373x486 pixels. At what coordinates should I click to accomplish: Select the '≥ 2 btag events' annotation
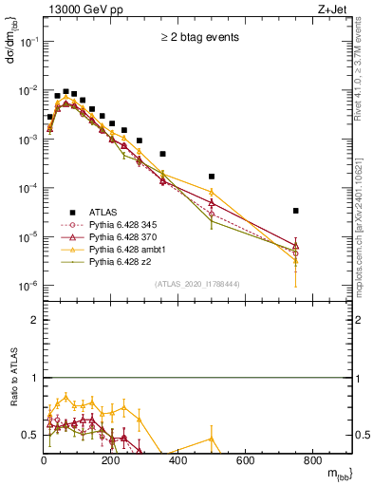pyautogui.click(x=198, y=38)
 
